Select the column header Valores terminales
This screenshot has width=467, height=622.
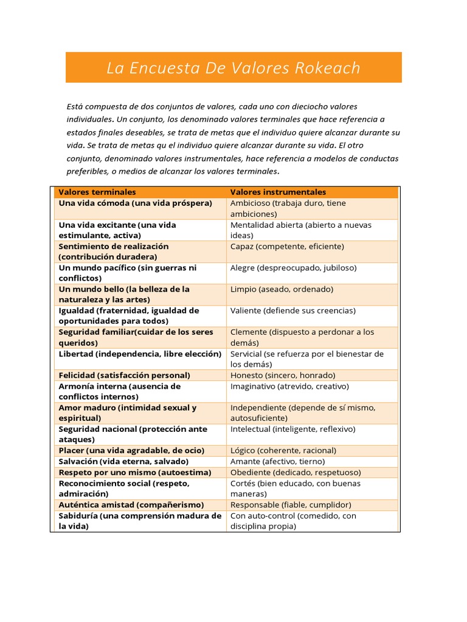97,192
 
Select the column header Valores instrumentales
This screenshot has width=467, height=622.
278,192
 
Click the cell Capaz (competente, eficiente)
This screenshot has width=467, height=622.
287,247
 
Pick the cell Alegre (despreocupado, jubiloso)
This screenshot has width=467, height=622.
293,268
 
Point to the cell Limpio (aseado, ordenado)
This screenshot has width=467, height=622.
282,289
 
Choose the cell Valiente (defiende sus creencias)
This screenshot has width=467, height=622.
293,310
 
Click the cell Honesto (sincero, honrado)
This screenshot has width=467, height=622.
283,375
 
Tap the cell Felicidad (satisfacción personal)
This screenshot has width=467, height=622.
124,375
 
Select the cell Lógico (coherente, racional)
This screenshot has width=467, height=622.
283,451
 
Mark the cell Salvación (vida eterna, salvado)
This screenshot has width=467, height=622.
123,462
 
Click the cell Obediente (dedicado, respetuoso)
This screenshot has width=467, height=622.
296,473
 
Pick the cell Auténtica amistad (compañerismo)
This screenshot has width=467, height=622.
131,505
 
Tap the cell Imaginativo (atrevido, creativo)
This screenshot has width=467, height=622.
289,386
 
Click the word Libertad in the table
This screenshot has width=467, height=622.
76,354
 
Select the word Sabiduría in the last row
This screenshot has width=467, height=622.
80,516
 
